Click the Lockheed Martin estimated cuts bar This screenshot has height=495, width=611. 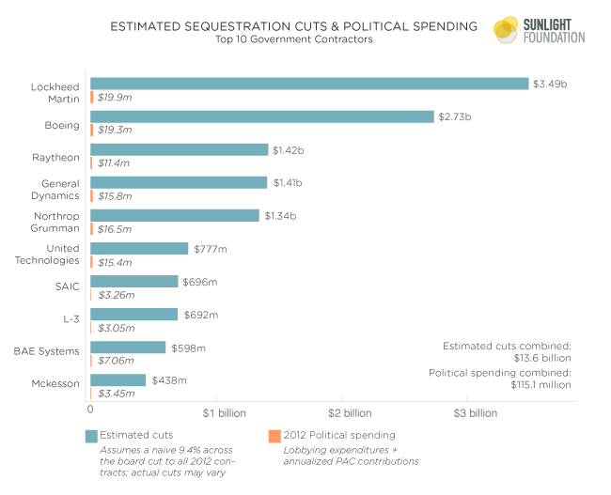[309, 84]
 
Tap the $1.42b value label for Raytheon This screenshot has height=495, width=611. [289, 149]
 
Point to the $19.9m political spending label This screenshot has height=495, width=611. [115, 97]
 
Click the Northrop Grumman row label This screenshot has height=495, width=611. [55, 222]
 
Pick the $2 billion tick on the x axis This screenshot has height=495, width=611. [350, 412]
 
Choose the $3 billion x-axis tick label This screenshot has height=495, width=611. [475, 412]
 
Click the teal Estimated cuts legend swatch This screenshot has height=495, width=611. [91, 436]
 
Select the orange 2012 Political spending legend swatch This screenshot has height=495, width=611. [274, 436]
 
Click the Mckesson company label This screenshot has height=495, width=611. [55, 384]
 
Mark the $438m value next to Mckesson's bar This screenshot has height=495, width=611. [168, 380]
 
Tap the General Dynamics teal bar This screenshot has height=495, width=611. [179, 182]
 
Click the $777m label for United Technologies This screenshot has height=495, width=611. [211, 249]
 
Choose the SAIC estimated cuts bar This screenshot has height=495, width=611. [133, 281]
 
